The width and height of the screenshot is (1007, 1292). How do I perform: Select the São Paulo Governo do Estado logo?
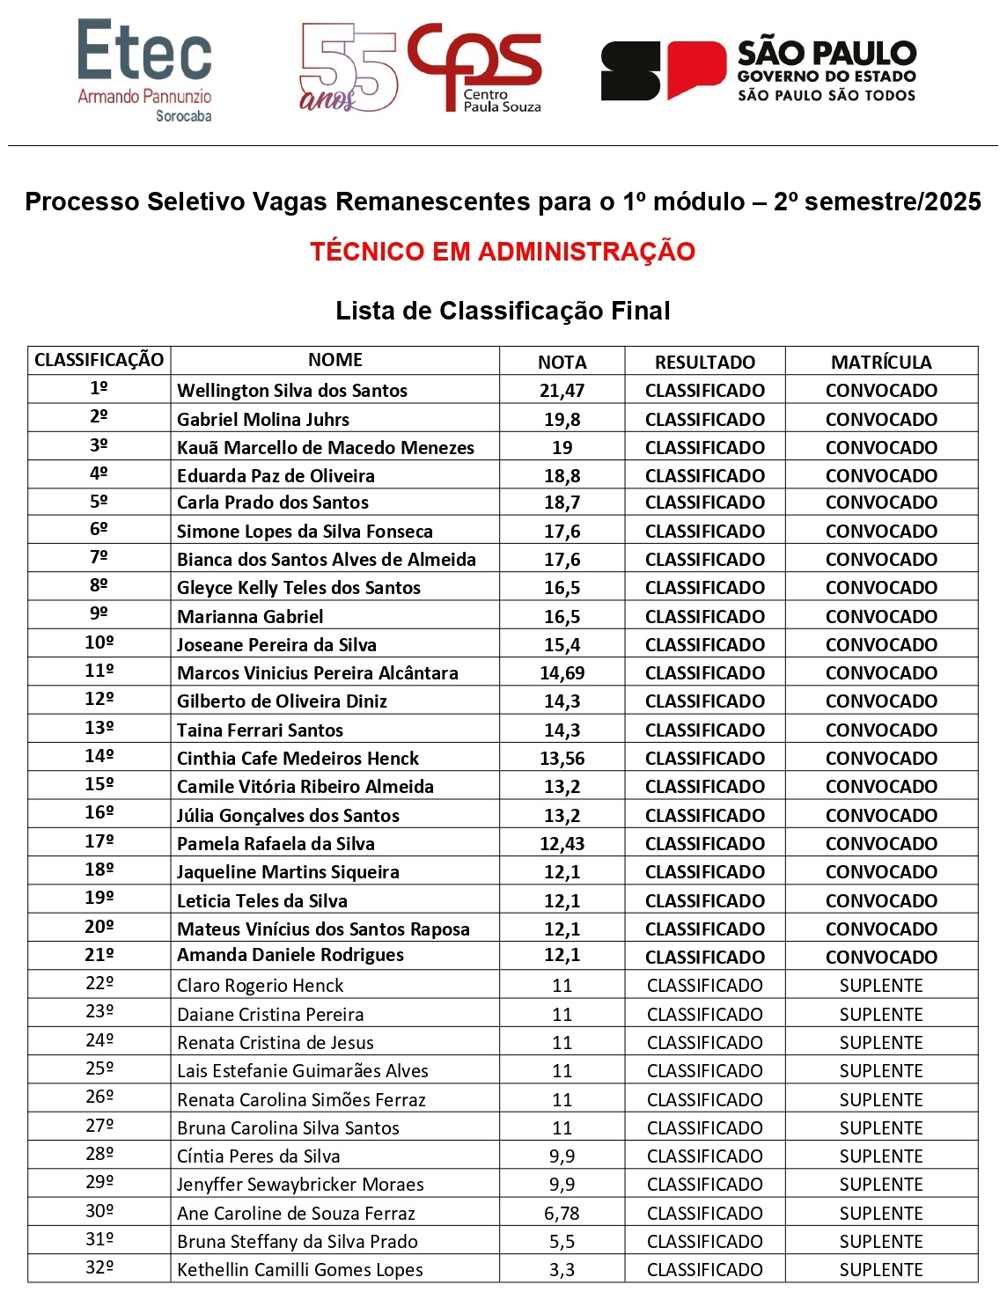pyautogui.click(x=758, y=70)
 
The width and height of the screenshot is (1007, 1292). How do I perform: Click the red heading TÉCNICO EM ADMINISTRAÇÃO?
pyautogui.click(x=503, y=252)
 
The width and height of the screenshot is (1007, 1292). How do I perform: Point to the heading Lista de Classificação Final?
pyautogui.click(x=503, y=311)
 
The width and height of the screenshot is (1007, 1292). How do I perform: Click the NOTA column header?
pyautogui.click(x=562, y=362)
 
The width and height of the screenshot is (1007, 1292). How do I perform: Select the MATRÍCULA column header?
pyautogui.click(x=881, y=362)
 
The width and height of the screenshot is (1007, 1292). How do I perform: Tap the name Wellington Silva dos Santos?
pyautogui.click(x=292, y=391)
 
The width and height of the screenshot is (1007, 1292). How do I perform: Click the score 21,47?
pyautogui.click(x=562, y=391)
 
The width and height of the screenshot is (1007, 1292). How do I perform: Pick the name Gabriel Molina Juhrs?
pyautogui.click(x=263, y=420)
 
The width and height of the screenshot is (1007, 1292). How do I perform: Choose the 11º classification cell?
pyautogui.click(x=99, y=672)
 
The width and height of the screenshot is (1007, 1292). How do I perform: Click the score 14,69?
pyautogui.click(x=562, y=673)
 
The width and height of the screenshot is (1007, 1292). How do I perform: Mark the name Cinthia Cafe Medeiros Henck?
pyautogui.click(x=298, y=759)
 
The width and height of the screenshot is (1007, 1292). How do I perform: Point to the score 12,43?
pyautogui.click(x=562, y=844)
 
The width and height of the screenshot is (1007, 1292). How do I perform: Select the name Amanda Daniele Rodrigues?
pyautogui.click(x=290, y=955)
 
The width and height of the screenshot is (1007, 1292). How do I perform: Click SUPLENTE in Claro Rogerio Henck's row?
pyautogui.click(x=881, y=986)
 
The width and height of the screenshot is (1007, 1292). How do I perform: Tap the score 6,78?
pyautogui.click(x=562, y=1214)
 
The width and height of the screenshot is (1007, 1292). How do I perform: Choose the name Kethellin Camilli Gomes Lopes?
pyautogui.click(x=300, y=1270)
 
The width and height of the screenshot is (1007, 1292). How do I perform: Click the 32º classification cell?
pyautogui.click(x=99, y=1268)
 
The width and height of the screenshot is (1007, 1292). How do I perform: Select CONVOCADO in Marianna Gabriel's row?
pyautogui.click(x=881, y=617)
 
